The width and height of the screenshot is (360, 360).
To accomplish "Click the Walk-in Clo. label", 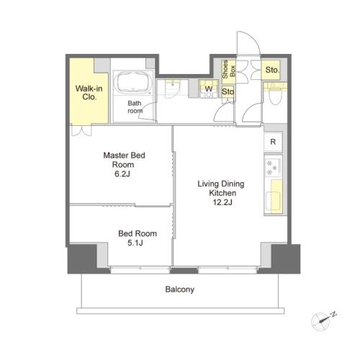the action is pos(89,93).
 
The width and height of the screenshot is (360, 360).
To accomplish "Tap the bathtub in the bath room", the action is pos(133,81).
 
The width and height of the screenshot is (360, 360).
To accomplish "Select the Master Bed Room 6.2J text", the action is pos(124,164).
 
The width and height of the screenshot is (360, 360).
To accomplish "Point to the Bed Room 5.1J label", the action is pos(138,238).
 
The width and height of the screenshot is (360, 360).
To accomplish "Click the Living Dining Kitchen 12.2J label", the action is pos(221,193).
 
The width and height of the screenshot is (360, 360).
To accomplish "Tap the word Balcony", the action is pos(180,289).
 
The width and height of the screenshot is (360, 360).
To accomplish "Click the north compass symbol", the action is pos(323,321).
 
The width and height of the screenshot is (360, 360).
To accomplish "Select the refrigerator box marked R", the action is pos(273,142).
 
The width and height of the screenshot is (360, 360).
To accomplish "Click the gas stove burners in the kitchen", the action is pos(272,167).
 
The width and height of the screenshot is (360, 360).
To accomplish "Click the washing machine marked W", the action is pos(209,89).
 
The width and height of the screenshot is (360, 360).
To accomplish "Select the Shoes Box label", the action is pos(229,69).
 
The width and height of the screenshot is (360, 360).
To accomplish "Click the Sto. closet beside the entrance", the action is pos(271,70).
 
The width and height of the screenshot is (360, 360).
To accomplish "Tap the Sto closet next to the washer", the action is pos(228,91).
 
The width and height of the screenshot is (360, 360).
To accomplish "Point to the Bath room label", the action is pos(135,107).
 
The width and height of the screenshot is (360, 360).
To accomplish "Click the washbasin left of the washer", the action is pos(174,87).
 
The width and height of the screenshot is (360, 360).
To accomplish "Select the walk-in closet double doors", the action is pos(81,131).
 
